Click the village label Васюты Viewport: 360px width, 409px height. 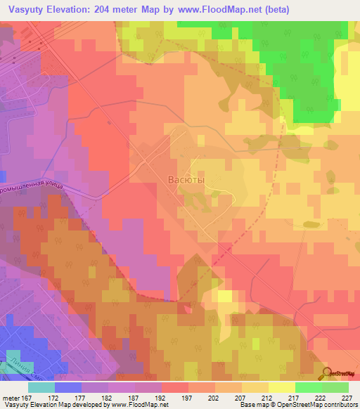[186, 180]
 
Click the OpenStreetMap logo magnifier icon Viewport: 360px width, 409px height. [328, 372]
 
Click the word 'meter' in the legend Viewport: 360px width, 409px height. [9, 397]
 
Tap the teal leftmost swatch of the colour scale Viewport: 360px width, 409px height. [41, 387]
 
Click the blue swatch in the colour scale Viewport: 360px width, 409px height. [67, 387]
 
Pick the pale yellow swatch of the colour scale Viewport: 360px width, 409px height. [281, 387]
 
